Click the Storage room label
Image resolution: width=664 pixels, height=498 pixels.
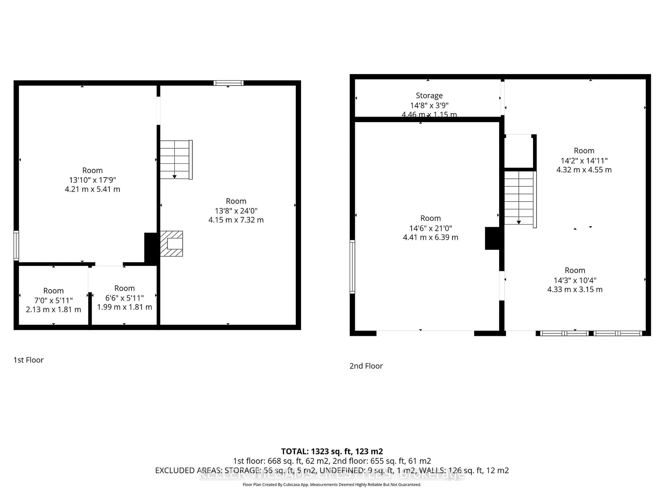(x=429, y=95)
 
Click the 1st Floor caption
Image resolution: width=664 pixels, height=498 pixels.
(x=29, y=360)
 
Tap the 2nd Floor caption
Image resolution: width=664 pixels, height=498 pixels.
(x=366, y=366)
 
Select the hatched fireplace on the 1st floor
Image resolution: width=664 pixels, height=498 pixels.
(x=171, y=243)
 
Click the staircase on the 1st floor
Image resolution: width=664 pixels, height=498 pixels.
(x=176, y=160)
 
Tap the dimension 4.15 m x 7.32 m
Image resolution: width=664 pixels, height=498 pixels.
(x=236, y=220)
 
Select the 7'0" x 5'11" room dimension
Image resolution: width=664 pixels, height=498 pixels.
(x=53, y=300)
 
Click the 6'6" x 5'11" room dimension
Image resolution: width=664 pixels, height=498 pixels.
(x=124, y=298)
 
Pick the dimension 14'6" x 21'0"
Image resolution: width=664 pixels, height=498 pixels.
(x=430, y=228)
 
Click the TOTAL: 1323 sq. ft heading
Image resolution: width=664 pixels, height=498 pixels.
(x=332, y=451)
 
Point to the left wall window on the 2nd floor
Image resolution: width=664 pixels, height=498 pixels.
(x=352, y=267)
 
